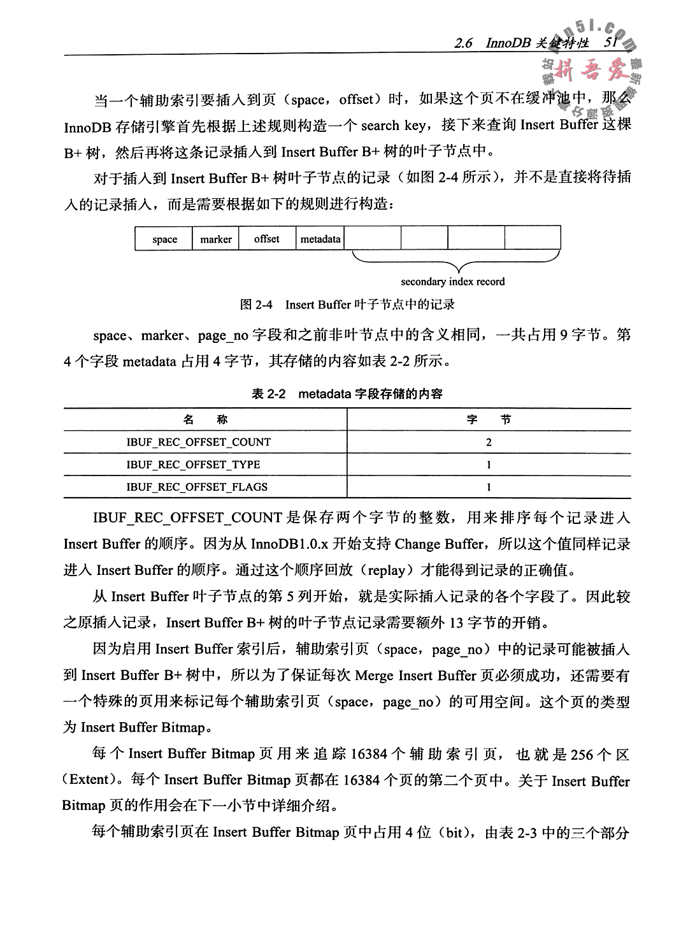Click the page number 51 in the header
pyautogui.click(x=610, y=43)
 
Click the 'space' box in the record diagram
pyautogui.click(x=164, y=240)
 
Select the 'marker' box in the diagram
pyautogui.click(x=215, y=240)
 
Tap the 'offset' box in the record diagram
pyautogui.click(x=266, y=239)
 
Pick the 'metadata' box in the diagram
pyautogui.click(x=320, y=239)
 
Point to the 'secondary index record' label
pyautogui.click(x=452, y=282)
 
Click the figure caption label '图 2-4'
pyautogui.click(x=256, y=305)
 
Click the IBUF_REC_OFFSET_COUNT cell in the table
pyautogui.click(x=198, y=442)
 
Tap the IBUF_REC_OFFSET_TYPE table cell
pyautogui.click(x=193, y=465)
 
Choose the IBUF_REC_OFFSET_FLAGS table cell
pyautogui.click(x=197, y=487)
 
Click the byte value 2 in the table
pyautogui.click(x=489, y=442)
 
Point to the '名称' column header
pyautogui.click(x=204, y=419)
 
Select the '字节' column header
pyautogui.click(x=489, y=419)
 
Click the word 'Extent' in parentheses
pyautogui.click(x=92, y=780)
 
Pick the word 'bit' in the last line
pyautogui.click(x=452, y=832)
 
